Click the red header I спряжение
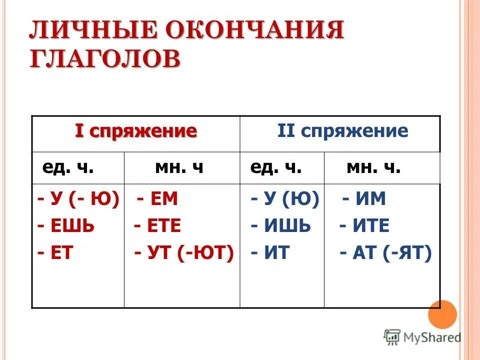pos(135,131)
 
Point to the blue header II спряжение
pos(343,131)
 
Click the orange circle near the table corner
pos(442,314)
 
